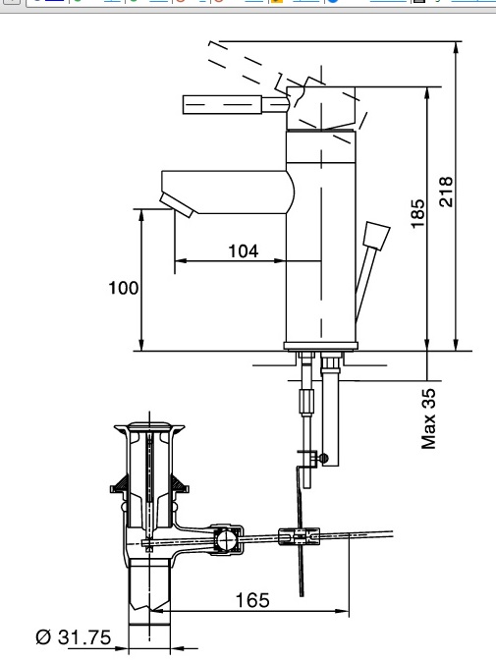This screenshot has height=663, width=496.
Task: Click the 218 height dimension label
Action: pyautogui.click(x=445, y=192)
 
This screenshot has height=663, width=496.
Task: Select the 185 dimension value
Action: pyautogui.click(x=417, y=212)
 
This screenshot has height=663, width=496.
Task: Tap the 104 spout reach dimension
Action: pyautogui.click(x=243, y=250)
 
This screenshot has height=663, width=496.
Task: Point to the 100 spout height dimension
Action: pyautogui.click(x=124, y=288)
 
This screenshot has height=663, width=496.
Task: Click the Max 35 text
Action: pyautogui.click(x=428, y=417)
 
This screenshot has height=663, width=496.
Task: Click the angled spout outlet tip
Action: pyautogui.click(x=178, y=205)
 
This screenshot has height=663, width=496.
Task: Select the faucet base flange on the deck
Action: pyautogui.click(x=319, y=345)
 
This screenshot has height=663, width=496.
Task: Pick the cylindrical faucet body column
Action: pyautogui.click(x=319, y=246)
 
